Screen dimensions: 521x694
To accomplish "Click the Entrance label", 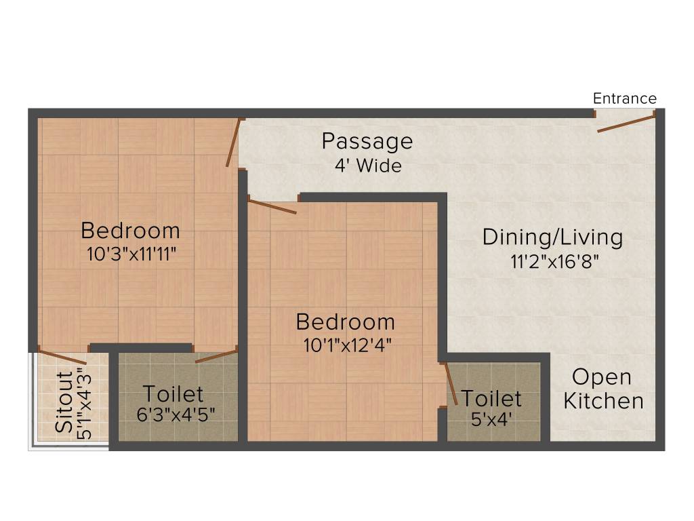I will coord(624,98).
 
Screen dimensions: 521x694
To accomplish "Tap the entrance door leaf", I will coord(626,123).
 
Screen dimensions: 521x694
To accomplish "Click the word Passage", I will coord(367,141).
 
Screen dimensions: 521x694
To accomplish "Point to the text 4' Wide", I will coord(367,166).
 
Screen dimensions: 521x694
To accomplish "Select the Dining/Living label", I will coord(552,237).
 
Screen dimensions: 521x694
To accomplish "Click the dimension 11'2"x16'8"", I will coord(554,262).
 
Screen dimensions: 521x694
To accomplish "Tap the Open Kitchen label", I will coord(603,389).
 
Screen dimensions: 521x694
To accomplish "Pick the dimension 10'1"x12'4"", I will coord(348,345).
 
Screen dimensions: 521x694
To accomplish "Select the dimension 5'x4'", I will coord(491,419).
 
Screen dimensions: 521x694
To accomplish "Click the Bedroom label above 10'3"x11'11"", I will coord(130,231).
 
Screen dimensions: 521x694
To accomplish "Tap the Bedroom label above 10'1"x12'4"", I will coord(345,322).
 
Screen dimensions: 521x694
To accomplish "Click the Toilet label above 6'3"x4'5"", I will coord(173,394).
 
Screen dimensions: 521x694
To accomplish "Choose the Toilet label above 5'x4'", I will coord(491,398).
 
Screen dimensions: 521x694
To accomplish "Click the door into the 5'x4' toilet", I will coord(449,384).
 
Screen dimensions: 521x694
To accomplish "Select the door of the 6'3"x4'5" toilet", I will coord(216,355).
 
